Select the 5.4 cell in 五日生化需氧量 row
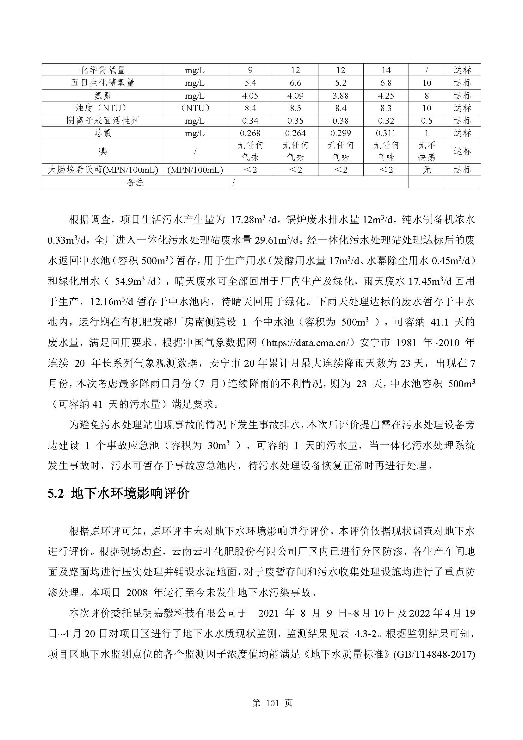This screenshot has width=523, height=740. click(250, 83)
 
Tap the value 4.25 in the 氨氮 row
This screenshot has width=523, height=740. click(385, 96)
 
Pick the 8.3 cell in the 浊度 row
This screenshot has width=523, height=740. click(385, 108)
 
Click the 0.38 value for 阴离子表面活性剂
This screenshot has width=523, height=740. click(341, 121)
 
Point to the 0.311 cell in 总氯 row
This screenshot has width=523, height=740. click(385, 133)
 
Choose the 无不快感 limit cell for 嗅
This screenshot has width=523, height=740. click(426, 151)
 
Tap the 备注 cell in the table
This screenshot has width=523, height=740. click(135, 183)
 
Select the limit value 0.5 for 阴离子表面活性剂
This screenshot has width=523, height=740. click(426, 121)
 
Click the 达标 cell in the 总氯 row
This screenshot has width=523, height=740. click(462, 133)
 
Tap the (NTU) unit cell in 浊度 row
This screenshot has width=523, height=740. click(195, 108)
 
